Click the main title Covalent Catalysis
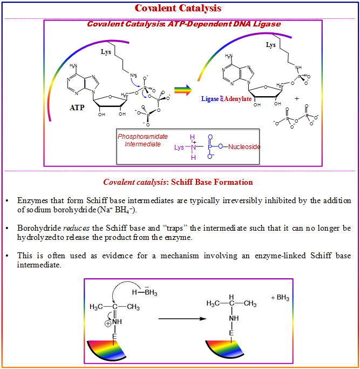coord(178,8)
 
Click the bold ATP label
coord(77,108)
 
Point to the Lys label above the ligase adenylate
coord(270,45)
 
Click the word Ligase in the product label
coord(210,99)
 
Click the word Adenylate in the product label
coord(237,99)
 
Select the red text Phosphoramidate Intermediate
coord(139,140)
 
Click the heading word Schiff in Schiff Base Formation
coord(184,182)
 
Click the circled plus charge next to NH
coord(107,325)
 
